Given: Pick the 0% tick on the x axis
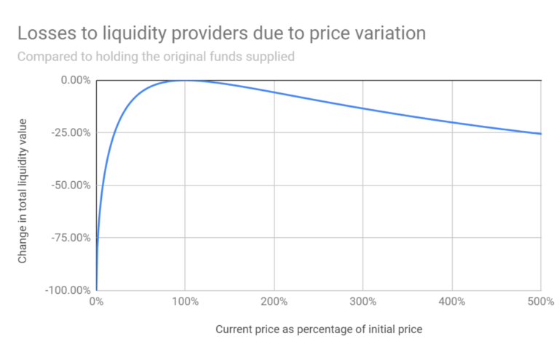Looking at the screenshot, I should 97,302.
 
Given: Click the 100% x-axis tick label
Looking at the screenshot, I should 186,302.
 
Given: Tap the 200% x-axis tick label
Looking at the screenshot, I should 274,302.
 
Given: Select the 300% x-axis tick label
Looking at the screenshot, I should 363,302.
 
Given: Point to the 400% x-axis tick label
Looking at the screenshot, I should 452,302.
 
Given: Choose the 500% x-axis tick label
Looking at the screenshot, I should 540,302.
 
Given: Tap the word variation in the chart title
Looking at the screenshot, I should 384,33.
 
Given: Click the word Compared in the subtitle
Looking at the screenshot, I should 46,57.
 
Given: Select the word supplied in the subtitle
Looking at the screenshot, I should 269,57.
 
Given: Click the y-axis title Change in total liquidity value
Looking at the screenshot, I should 23,185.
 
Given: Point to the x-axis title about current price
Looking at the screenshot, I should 319,329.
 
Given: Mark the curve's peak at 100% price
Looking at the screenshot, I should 186,80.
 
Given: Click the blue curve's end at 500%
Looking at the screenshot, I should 541,134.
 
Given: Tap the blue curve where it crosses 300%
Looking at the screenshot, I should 363,108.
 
